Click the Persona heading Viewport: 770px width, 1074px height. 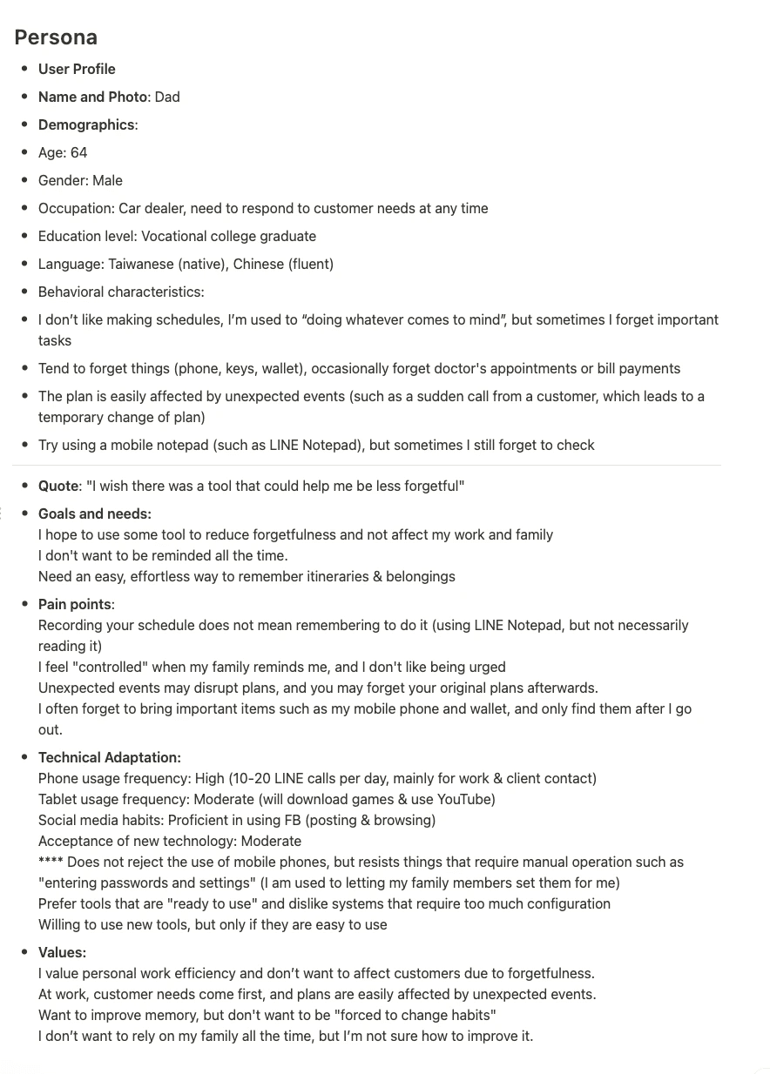click(x=56, y=37)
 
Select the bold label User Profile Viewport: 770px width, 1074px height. click(x=77, y=69)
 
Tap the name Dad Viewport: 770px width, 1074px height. click(x=167, y=97)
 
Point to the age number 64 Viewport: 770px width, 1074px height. click(x=78, y=152)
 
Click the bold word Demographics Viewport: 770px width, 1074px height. click(x=86, y=124)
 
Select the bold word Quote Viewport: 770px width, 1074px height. click(x=58, y=486)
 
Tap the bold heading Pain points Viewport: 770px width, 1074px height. click(x=75, y=604)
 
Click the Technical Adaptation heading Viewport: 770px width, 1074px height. click(x=110, y=757)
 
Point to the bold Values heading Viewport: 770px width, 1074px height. click(x=62, y=952)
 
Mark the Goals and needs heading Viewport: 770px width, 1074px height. click(x=95, y=514)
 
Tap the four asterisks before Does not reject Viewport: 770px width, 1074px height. click(x=51, y=863)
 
